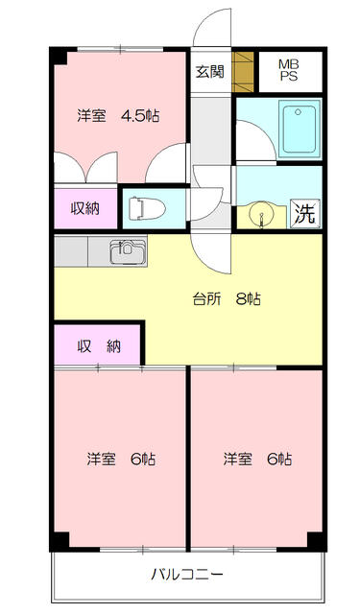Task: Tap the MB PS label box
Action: (288, 70)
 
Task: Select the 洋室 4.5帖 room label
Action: (118, 116)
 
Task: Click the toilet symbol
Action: (144, 206)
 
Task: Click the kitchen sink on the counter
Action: (127, 253)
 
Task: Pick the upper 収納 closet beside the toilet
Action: (84, 206)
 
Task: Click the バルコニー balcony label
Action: (186, 577)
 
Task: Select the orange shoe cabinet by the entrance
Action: (245, 70)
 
